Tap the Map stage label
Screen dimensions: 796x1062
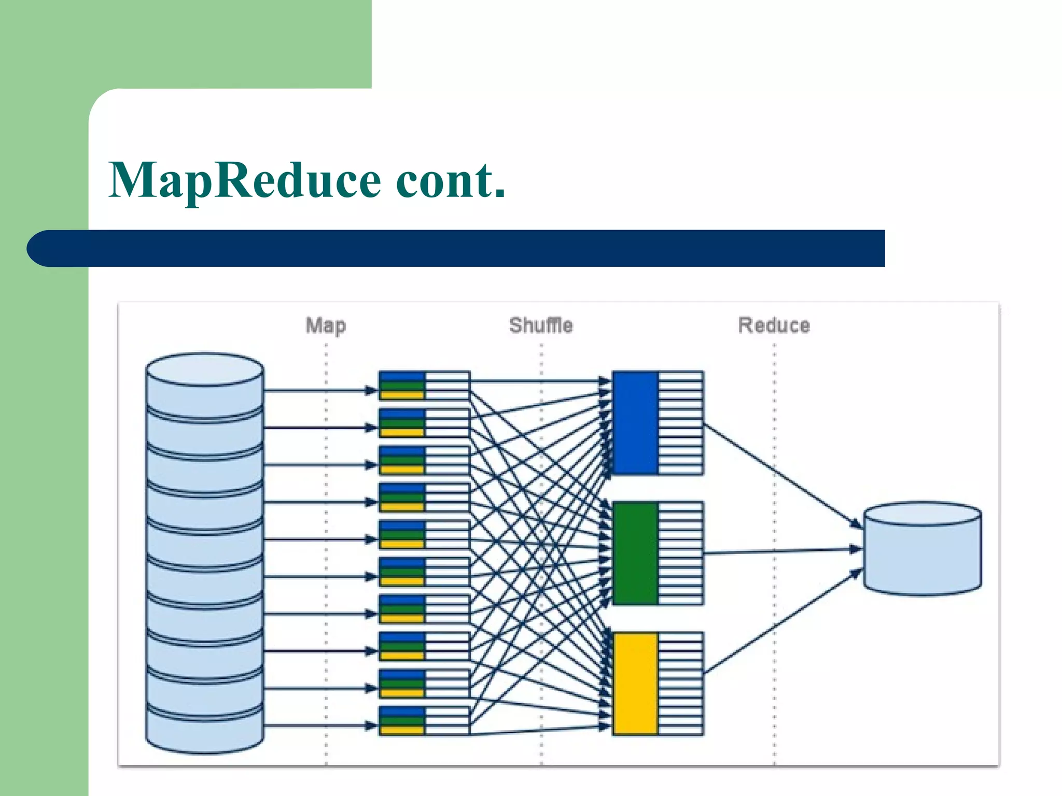pyautogui.click(x=326, y=325)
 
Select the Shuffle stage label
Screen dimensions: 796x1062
pyautogui.click(x=541, y=325)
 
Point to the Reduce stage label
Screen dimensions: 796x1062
pyautogui.click(x=774, y=325)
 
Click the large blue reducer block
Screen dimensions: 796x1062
pyautogui.click(x=635, y=422)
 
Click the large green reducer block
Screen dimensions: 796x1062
pyautogui.click(x=635, y=553)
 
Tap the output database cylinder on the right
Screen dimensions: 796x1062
pyautogui.click(x=922, y=549)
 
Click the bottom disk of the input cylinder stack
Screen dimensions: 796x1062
pyautogui.click(x=205, y=731)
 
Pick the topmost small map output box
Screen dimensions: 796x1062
pyautogui.click(x=424, y=386)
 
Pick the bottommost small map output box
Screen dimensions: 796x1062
pyautogui.click(x=424, y=721)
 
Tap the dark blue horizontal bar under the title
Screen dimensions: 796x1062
pyautogui.click(x=456, y=248)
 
